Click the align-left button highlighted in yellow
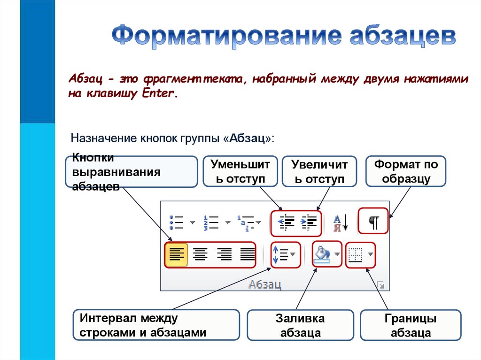[176, 254]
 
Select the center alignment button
[201, 254]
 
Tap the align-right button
[224, 254]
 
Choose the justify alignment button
[248, 254]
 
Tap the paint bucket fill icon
[322, 255]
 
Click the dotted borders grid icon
[355, 255]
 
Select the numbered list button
[211, 222]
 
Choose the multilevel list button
[246, 222]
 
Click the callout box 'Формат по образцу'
[405, 172]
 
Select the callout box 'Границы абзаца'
[411, 326]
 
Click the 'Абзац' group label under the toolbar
[265, 284]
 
